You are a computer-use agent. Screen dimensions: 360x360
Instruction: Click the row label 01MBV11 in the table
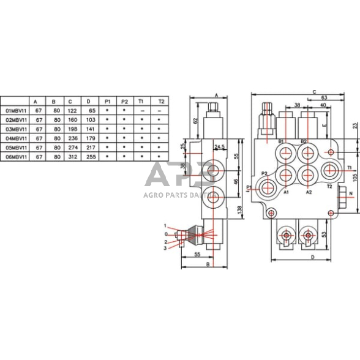[x=15, y=110]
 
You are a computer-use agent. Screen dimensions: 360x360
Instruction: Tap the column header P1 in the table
[x=108, y=100]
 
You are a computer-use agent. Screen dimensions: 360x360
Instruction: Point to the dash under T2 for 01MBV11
[x=161, y=110]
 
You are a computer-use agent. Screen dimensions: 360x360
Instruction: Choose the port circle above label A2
[x=307, y=175]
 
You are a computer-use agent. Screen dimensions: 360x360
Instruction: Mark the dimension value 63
[x=324, y=97]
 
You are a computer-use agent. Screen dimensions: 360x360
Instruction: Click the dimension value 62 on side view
[x=195, y=121]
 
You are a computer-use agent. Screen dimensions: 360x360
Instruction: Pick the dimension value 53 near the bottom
[x=323, y=233]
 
